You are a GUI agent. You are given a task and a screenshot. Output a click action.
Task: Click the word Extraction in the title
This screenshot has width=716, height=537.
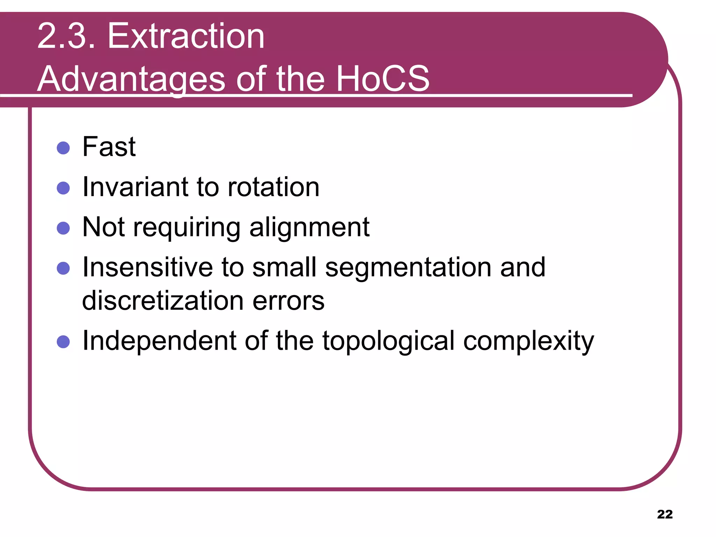(186, 36)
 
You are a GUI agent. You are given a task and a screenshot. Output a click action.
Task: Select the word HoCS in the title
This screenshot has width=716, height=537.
(382, 79)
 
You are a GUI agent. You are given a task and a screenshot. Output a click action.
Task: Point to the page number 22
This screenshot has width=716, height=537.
(665, 514)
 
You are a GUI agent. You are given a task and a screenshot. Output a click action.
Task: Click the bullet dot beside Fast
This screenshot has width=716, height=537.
(63, 148)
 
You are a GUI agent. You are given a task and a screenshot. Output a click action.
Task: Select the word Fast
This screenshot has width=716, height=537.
(109, 147)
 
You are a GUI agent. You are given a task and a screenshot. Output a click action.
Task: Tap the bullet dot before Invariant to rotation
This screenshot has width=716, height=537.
(63, 188)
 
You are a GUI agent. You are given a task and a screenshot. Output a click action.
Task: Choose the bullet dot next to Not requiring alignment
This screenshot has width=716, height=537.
(63, 228)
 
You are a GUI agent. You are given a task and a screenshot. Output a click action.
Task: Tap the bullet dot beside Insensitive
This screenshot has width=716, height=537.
(63, 268)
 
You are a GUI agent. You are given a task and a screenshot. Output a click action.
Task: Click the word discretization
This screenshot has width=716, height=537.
(163, 301)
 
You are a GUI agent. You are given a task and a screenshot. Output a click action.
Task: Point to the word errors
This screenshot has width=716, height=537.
(288, 301)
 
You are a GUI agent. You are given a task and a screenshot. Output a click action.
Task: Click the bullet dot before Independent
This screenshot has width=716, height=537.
(63, 342)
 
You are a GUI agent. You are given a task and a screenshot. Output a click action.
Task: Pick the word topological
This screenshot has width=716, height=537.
(388, 342)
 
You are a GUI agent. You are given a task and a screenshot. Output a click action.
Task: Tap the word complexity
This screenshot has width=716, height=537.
(528, 342)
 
